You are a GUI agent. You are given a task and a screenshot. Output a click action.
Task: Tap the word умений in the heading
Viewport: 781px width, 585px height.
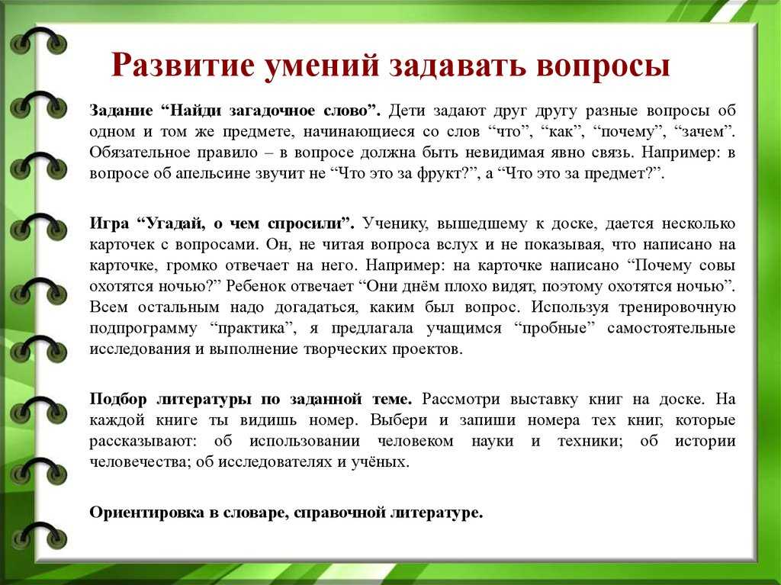(322, 65)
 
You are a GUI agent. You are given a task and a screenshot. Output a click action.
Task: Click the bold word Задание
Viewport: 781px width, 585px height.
(121, 111)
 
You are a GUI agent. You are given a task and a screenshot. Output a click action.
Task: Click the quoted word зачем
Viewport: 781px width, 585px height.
(702, 131)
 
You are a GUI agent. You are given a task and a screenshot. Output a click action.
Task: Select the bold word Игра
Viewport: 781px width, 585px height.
(109, 223)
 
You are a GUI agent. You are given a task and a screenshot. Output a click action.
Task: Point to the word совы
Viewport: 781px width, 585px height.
(718, 265)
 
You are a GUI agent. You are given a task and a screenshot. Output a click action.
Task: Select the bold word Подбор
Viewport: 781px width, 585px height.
(118, 399)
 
